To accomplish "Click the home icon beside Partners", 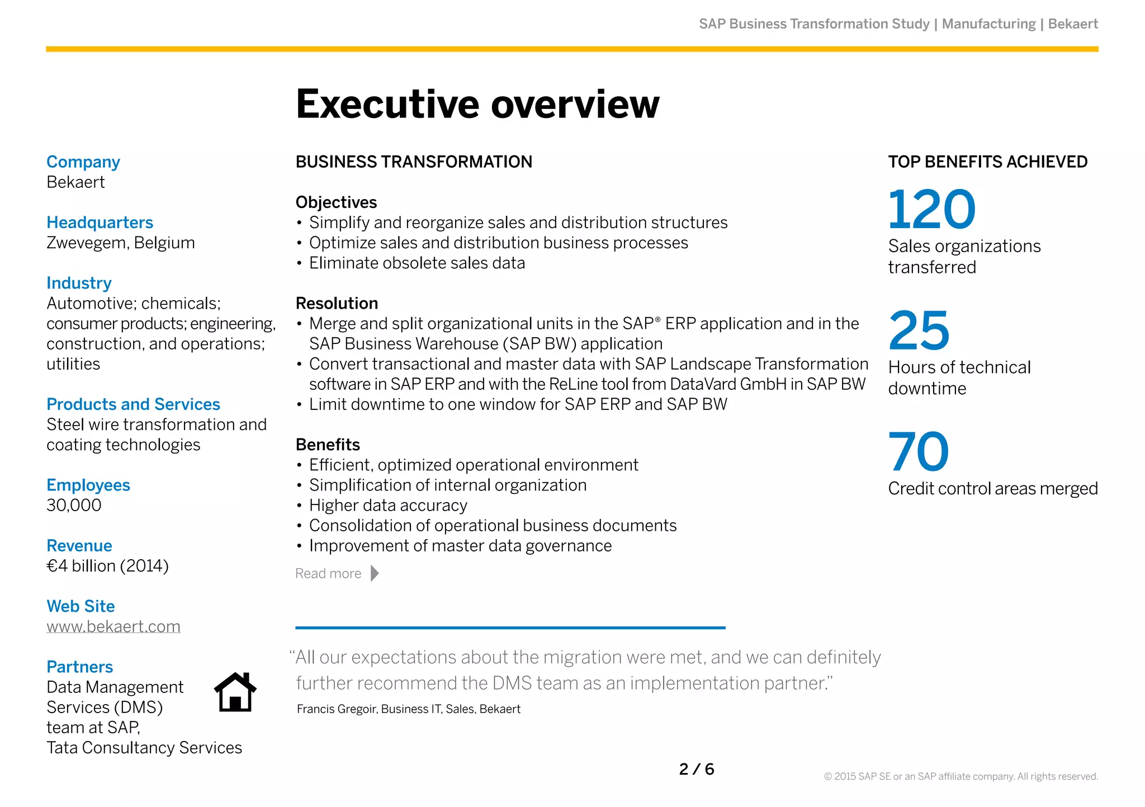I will pyautogui.click(x=235, y=692).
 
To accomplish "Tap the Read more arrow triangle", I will pyautogui.click(x=375, y=573).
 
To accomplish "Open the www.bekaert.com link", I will pyautogui.click(x=113, y=626).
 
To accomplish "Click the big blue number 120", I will pyautogui.click(x=931, y=210).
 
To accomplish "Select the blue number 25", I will pyautogui.click(x=919, y=331).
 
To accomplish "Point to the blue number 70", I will pyautogui.click(x=919, y=452).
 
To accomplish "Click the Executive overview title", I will pyautogui.click(x=477, y=105).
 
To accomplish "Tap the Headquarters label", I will pyautogui.click(x=100, y=223).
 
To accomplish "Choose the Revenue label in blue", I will pyautogui.click(x=79, y=546).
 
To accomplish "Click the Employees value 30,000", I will pyautogui.click(x=74, y=506).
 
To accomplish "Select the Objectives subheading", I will pyautogui.click(x=336, y=202).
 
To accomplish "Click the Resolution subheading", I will pyautogui.click(x=337, y=304).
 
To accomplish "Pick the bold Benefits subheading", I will pyautogui.click(x=328, y=445).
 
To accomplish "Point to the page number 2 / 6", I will pyautogui.click(x=697, y=770).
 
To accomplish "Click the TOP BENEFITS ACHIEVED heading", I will pyautogui.click(x=987, y=162).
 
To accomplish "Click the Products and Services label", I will pyautogui.click(x=133, y=404).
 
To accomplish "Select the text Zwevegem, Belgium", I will pyautogui.click(x=121, y=243).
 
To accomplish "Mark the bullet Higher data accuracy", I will pyautogui.click(x=388, y=506).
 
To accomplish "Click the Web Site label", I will pyautogui.click(x=81, y=606).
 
